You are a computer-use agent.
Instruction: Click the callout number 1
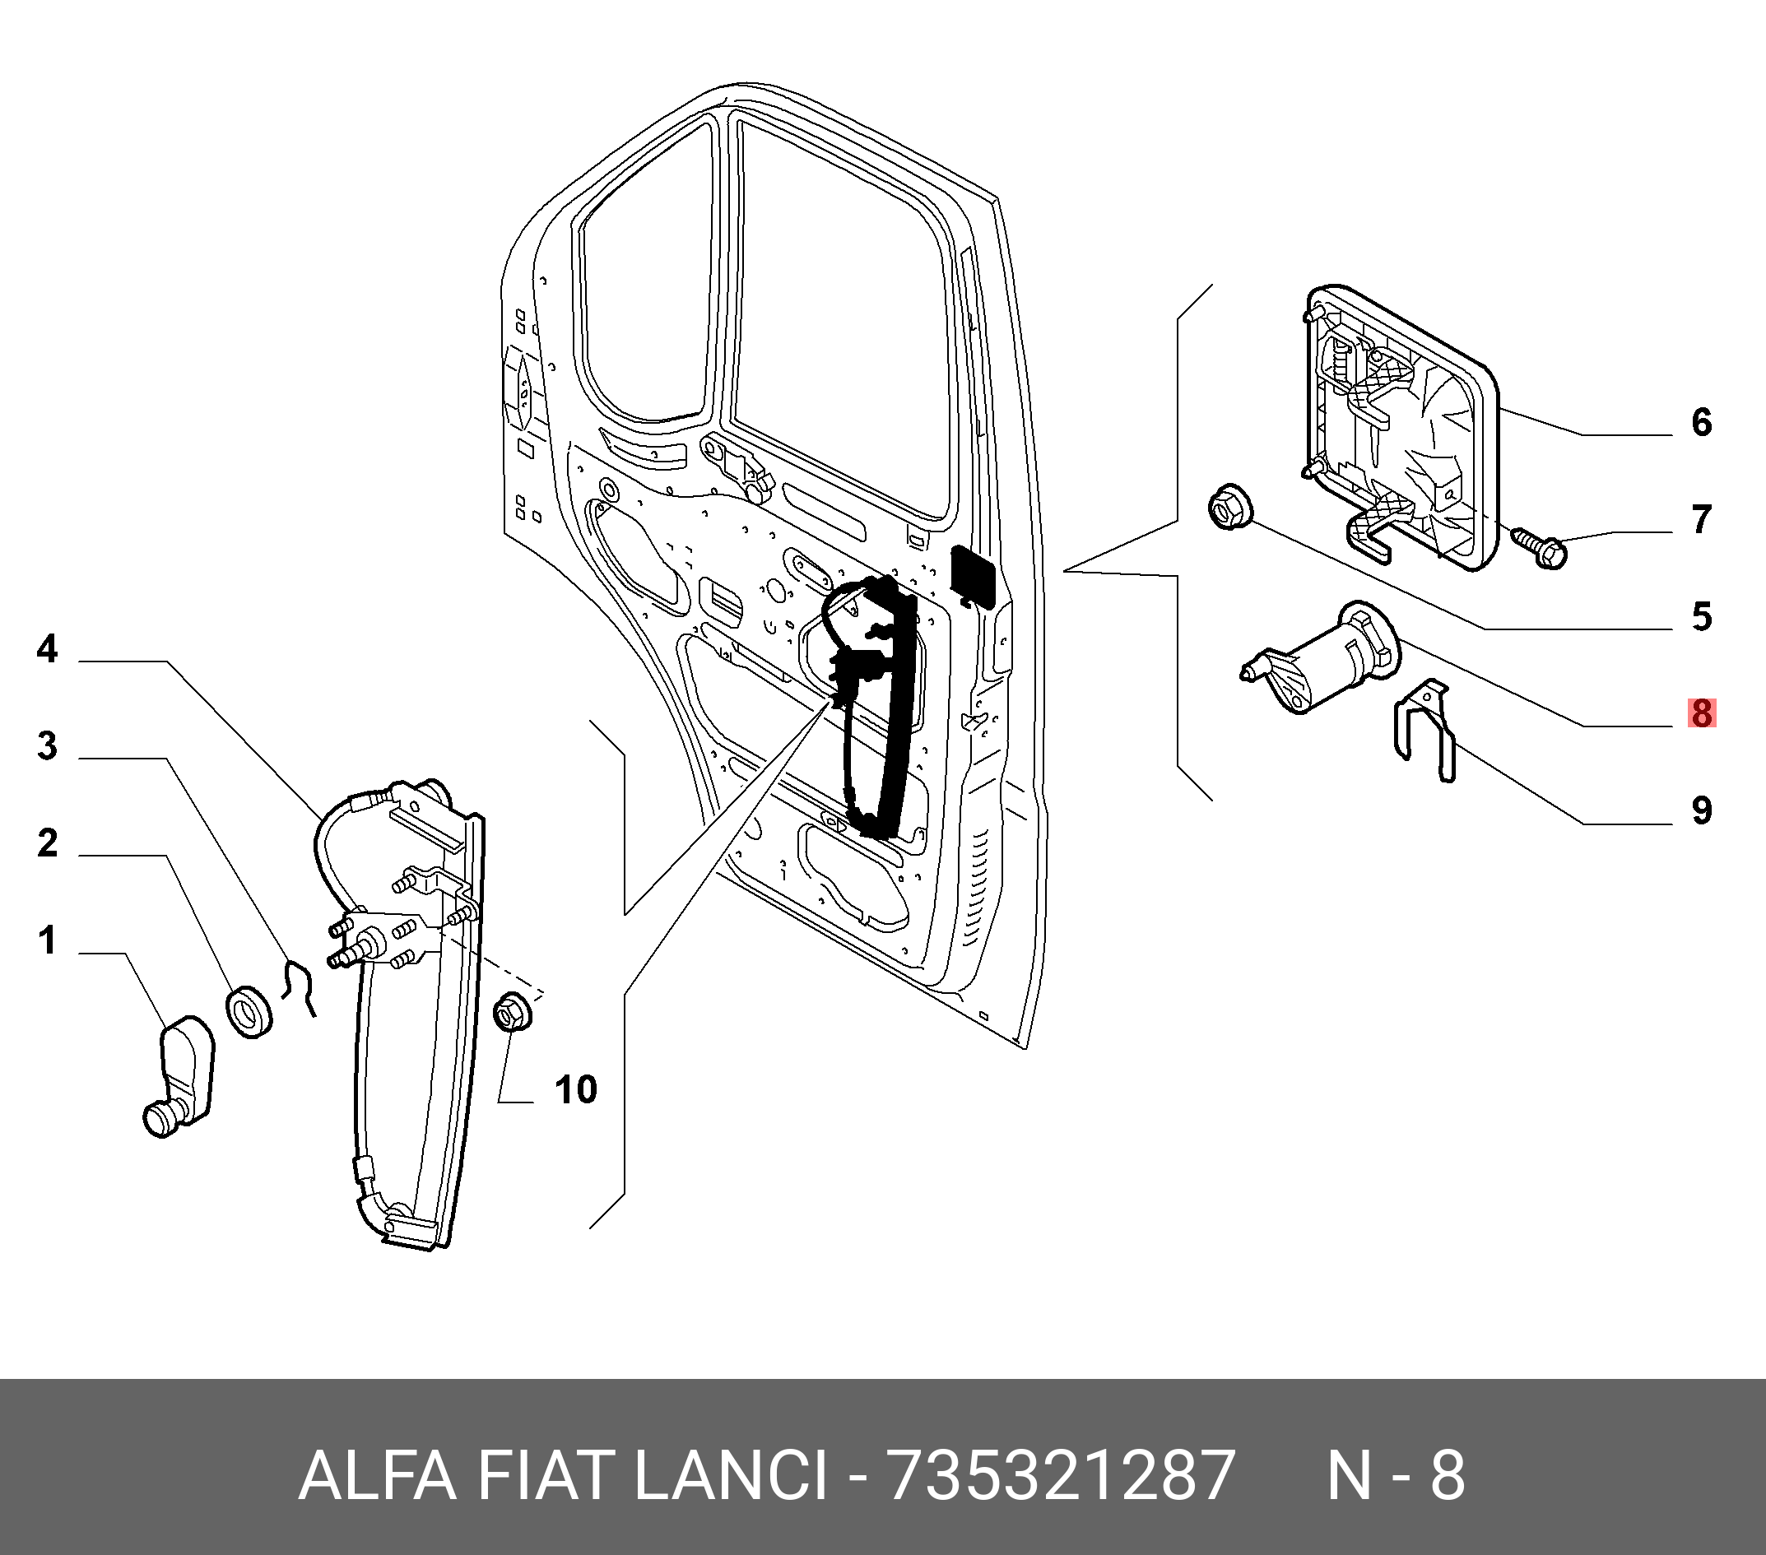[x=47, y=940]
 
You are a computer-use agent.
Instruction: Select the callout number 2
[x=47, y=843]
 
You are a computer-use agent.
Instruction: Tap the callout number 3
[x=47, y=745]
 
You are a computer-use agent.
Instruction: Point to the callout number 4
[x=47, y=649]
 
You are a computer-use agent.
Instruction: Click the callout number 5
[x=1701, y=617]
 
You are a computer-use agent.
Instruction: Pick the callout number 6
[x=1701, y=422]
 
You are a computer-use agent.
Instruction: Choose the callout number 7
[x=1701, y=520]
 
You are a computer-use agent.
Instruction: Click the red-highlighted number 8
[x=1701, y=714]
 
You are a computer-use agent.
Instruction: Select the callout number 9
[x=1701, y=811]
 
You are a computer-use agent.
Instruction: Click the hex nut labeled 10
[x=510, y=1013]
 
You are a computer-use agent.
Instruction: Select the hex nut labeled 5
[x=1228, y=508]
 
